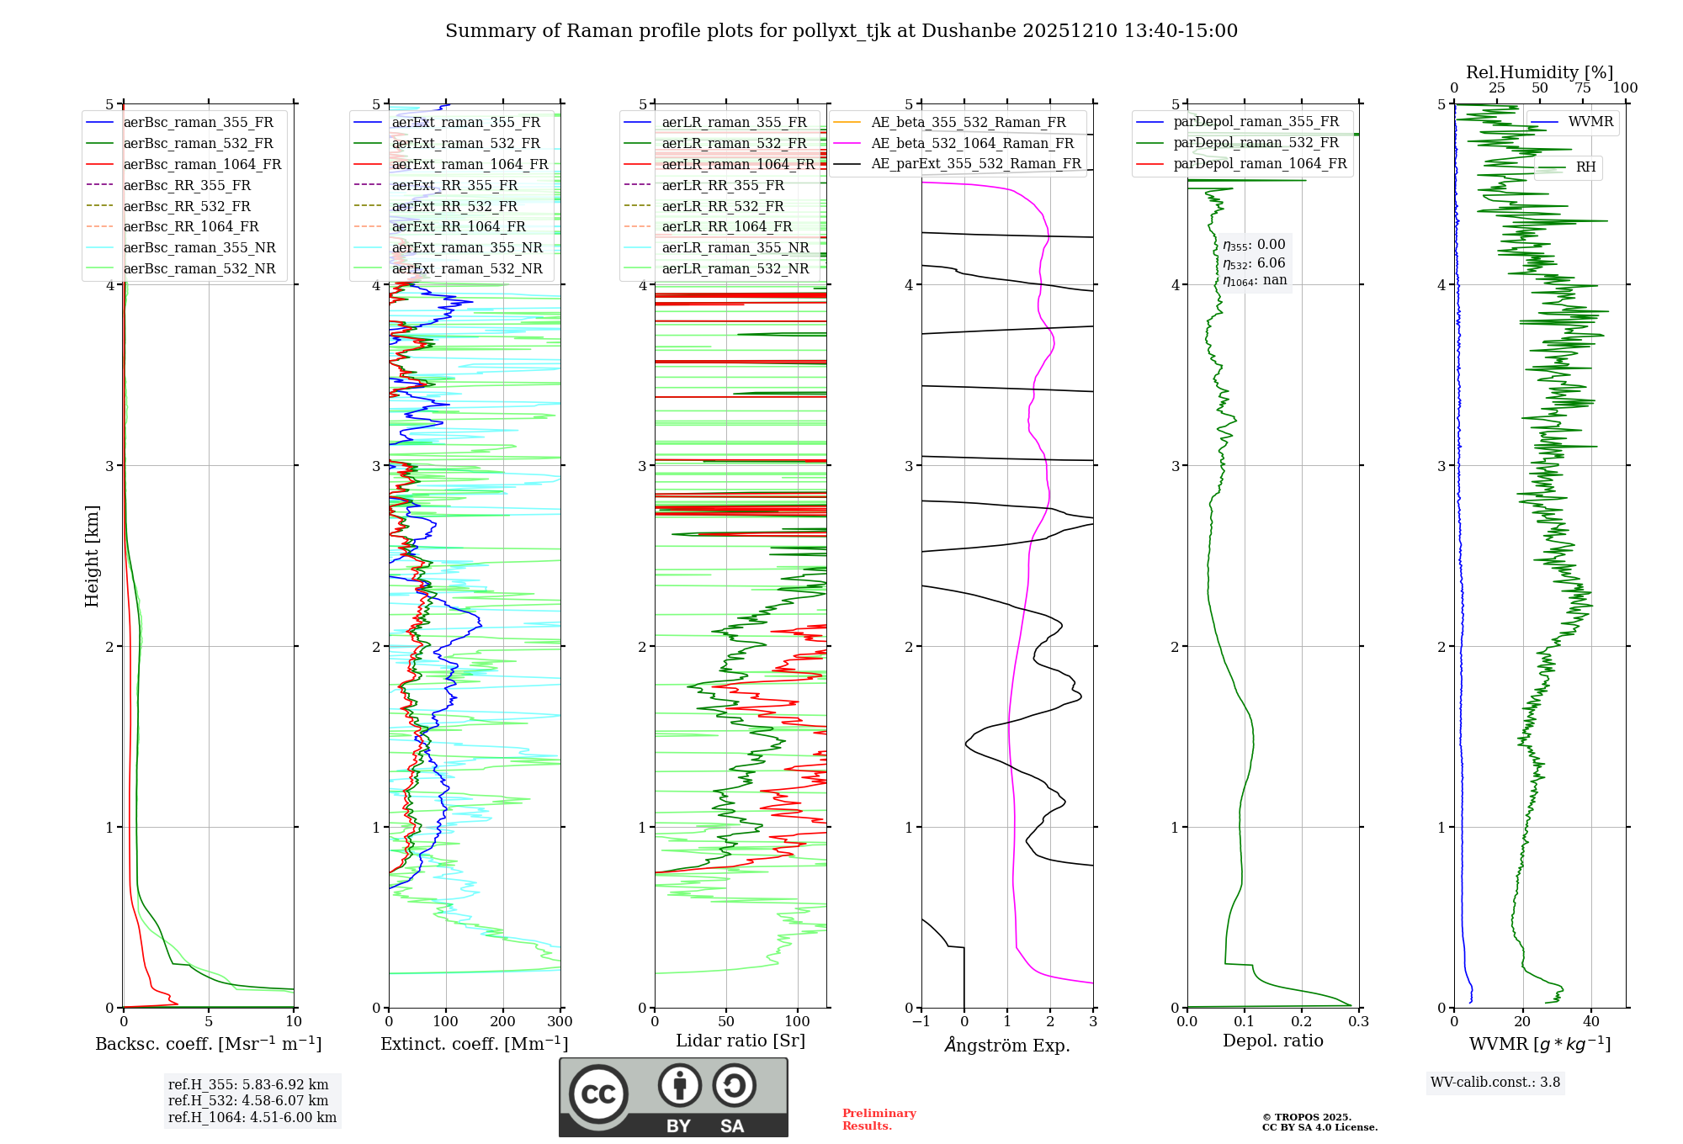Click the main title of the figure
[x=841, y=31]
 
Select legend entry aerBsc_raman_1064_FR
[x=202, y=165]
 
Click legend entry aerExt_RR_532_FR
[x=454, y=206]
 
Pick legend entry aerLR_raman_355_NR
[x=735, y=247]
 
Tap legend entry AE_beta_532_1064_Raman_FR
[x=972, y=143]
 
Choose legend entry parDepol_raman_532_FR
[x=1256, y=143]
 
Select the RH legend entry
[x=1585, y=167]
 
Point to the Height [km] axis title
[x=92, y=556]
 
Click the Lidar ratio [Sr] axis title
[x=741, y=1041]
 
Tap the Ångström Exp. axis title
[x=1007, y=1046]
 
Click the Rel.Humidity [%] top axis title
[x=1540, y=72]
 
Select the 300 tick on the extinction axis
[x=560, y=1022]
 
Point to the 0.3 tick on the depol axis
[x=1358, y=1022]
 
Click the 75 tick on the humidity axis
[x=1583, y=88]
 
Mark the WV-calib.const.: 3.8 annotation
[x=1495, y=1083]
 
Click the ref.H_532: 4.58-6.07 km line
[x=248, y=1101]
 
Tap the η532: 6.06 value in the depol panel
[x=1254, y=263]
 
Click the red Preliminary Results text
[x=879, y=1120]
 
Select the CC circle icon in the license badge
[x=598, y=1094]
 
